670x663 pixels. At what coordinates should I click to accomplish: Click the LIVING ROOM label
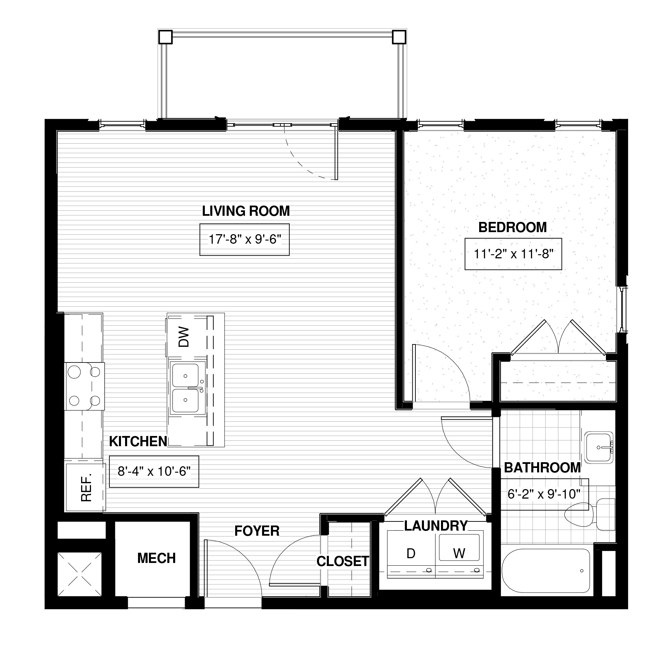tap(246, 211)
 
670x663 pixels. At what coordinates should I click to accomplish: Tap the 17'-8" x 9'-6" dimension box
tap(244, 239)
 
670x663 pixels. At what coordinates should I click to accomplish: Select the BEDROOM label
tap(513, 227)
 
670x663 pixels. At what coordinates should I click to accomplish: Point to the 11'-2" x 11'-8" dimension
tap(513, 254)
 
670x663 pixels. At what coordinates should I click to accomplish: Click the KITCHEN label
tap(138, 441)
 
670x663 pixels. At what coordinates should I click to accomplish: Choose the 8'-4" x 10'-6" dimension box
tap(154, 471)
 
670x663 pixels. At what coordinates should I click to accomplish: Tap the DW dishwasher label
tap(184, 337)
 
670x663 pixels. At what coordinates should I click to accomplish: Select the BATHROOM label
tap(543, 468)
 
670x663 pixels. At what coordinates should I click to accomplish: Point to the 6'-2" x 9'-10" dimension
tap(544, 494)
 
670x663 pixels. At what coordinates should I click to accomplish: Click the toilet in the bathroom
tap(590, 514)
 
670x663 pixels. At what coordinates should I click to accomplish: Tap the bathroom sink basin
tap(599, 448)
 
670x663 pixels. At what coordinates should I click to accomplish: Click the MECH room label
tap(156, 558)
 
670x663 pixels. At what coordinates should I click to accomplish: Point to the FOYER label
tap(257, 531)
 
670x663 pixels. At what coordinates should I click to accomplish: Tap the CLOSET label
tap(342, 561)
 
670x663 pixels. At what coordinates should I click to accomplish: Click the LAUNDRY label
tap(436, 526)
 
